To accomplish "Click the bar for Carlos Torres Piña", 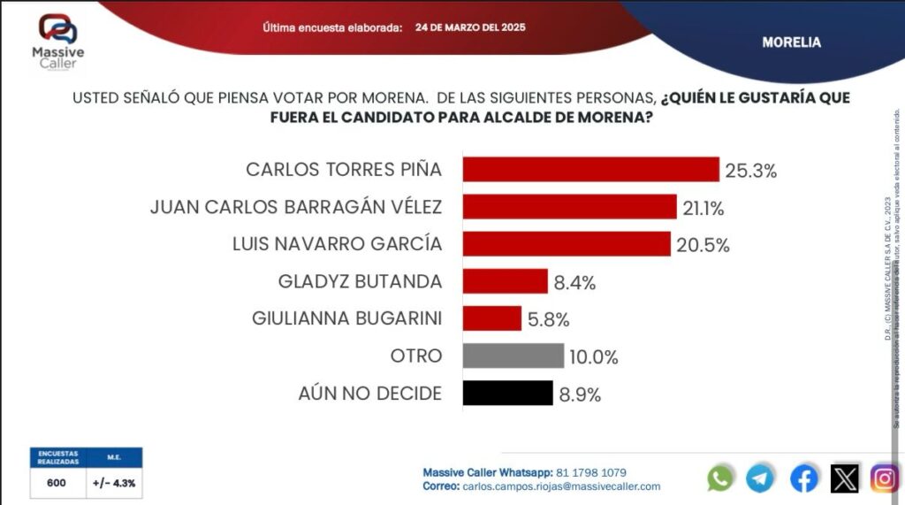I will (590, 170).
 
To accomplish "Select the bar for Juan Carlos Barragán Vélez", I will (569, 207).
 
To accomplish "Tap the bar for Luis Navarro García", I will (567, 244).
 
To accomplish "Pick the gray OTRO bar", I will (513, 356).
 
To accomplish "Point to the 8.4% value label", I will (575, 283).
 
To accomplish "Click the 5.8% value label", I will (549, 319).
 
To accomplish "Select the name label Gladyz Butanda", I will (360, 282).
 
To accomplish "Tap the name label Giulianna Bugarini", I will (346, 318).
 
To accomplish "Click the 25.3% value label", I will (750, 171).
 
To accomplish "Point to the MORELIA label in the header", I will (791, 42).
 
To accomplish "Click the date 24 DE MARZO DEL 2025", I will (470, 27).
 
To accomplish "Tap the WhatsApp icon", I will (720, 478).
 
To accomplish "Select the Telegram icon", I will (760, 478).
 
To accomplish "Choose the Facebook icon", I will (803, 478).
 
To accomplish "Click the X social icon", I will (845, 478).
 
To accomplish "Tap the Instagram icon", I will (885, 478).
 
